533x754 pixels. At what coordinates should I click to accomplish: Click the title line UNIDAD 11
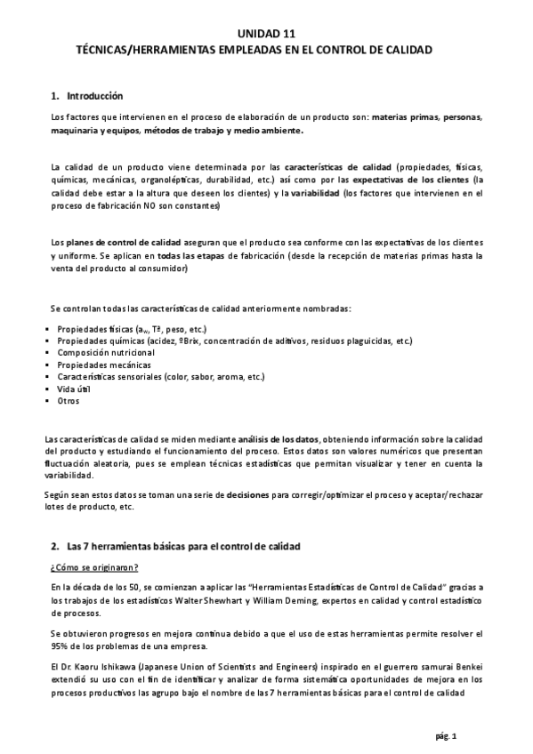tap(266, 34)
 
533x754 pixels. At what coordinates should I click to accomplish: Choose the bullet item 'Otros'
tap(69, 401)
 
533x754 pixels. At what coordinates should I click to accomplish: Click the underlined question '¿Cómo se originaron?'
tap(94, 567)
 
